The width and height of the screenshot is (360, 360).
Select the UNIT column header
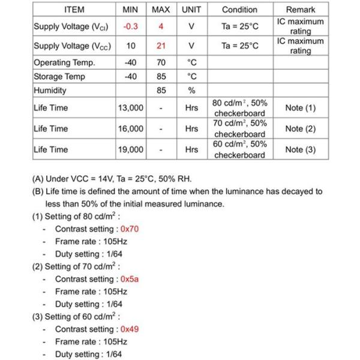coord(191,10)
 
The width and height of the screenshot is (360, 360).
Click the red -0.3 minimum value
coord(131,26)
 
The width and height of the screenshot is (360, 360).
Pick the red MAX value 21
coord(161,46)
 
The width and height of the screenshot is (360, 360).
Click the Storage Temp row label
coord(59,77)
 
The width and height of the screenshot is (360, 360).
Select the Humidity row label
coord(50,91)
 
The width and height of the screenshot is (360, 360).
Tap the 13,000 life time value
coord(131,108)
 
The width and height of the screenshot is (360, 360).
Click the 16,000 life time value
coord(131,129)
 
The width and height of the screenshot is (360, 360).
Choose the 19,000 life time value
coord(131,150)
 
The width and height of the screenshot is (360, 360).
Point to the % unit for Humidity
coord(191,91)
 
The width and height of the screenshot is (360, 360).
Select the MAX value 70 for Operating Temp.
coord(161,63)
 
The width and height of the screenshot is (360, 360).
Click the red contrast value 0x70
coord(130,229)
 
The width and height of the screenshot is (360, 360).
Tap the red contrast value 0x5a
coord(130,279)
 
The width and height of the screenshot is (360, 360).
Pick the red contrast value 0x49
coord(130,329)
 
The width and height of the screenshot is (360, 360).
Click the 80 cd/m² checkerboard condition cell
coord(239,108)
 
